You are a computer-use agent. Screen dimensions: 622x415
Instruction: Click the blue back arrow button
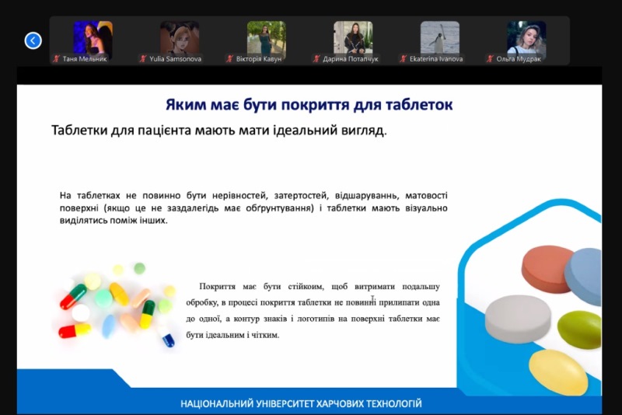point(33,40)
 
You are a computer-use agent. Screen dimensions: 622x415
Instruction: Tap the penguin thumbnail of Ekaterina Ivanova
point(440,37)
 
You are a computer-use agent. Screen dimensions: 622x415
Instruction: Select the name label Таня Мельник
point(85,59)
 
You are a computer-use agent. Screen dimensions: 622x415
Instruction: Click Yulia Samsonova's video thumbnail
point(180,37)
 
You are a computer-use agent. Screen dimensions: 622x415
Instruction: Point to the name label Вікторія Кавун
point(259,59)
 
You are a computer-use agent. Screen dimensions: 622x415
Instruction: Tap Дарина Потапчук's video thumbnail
point(353,37)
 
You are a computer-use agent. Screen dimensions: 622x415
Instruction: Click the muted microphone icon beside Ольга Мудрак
point(490,59)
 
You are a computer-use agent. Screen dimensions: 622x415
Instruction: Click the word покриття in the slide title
point(315,105)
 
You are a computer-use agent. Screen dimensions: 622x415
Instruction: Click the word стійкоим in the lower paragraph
point(306,286)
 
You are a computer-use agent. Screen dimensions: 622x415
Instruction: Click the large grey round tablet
point(518,319)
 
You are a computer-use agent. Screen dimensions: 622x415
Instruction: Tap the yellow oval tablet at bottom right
point(558,371)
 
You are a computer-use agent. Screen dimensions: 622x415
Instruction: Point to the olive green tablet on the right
point(579,330)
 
